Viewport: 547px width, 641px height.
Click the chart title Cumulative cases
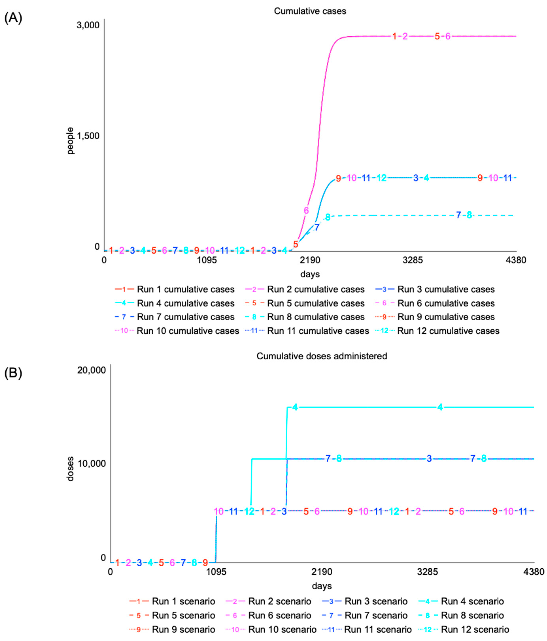pos(310,11)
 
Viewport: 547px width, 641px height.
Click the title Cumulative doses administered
pos(322,356)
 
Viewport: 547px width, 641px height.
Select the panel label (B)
pos(13,373)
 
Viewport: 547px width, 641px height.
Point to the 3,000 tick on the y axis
pos(88,25)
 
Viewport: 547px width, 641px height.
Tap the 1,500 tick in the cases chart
pos(88,136)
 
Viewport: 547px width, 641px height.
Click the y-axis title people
pos(70,141)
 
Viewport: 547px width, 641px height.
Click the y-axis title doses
pos(70,469)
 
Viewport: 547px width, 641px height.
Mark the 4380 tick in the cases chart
pos(516,260)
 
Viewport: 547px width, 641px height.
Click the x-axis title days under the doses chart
pos(322,586)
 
